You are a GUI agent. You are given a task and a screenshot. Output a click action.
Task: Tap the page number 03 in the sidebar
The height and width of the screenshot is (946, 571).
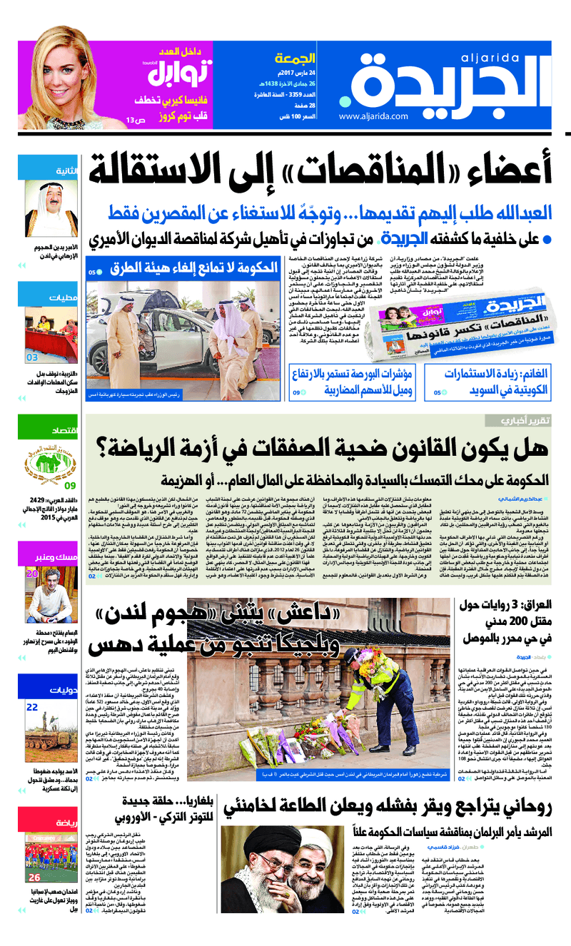tap(33, 357)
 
